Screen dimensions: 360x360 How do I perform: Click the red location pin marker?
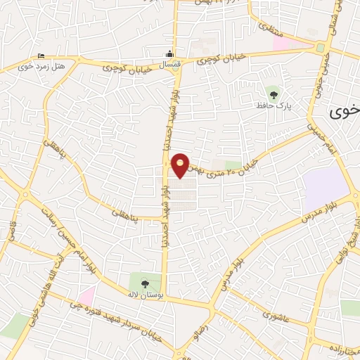181,164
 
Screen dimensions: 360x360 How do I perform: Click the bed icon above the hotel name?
41,56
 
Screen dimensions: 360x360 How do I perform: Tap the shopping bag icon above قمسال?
169,55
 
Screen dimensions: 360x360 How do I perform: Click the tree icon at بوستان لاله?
145,284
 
